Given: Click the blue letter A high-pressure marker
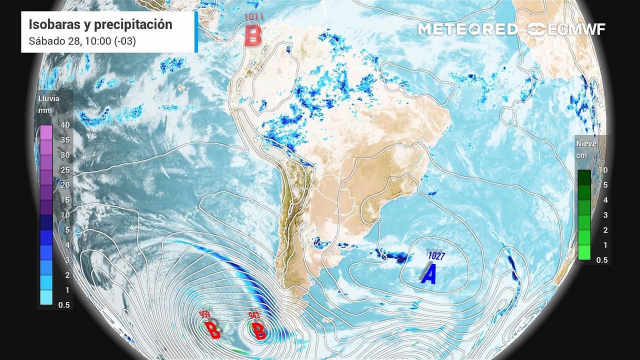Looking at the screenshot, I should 428,274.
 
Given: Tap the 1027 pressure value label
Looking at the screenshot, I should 436,256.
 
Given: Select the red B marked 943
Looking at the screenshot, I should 259,330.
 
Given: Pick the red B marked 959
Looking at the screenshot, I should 212,330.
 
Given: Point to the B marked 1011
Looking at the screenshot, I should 253,35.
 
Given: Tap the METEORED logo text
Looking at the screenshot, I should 467,29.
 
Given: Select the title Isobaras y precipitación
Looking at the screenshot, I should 100,24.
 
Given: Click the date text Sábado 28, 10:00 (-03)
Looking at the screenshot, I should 82,41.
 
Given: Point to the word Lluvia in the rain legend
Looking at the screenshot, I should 49,98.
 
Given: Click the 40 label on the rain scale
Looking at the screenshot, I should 65,125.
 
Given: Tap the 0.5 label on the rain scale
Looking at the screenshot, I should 64,305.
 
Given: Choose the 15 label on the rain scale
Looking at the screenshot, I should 65,200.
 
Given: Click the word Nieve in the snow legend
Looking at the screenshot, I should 586,143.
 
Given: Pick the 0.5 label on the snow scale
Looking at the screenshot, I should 602,260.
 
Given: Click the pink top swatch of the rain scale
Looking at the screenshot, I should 46,132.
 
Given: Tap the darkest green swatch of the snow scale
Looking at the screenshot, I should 584,177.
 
